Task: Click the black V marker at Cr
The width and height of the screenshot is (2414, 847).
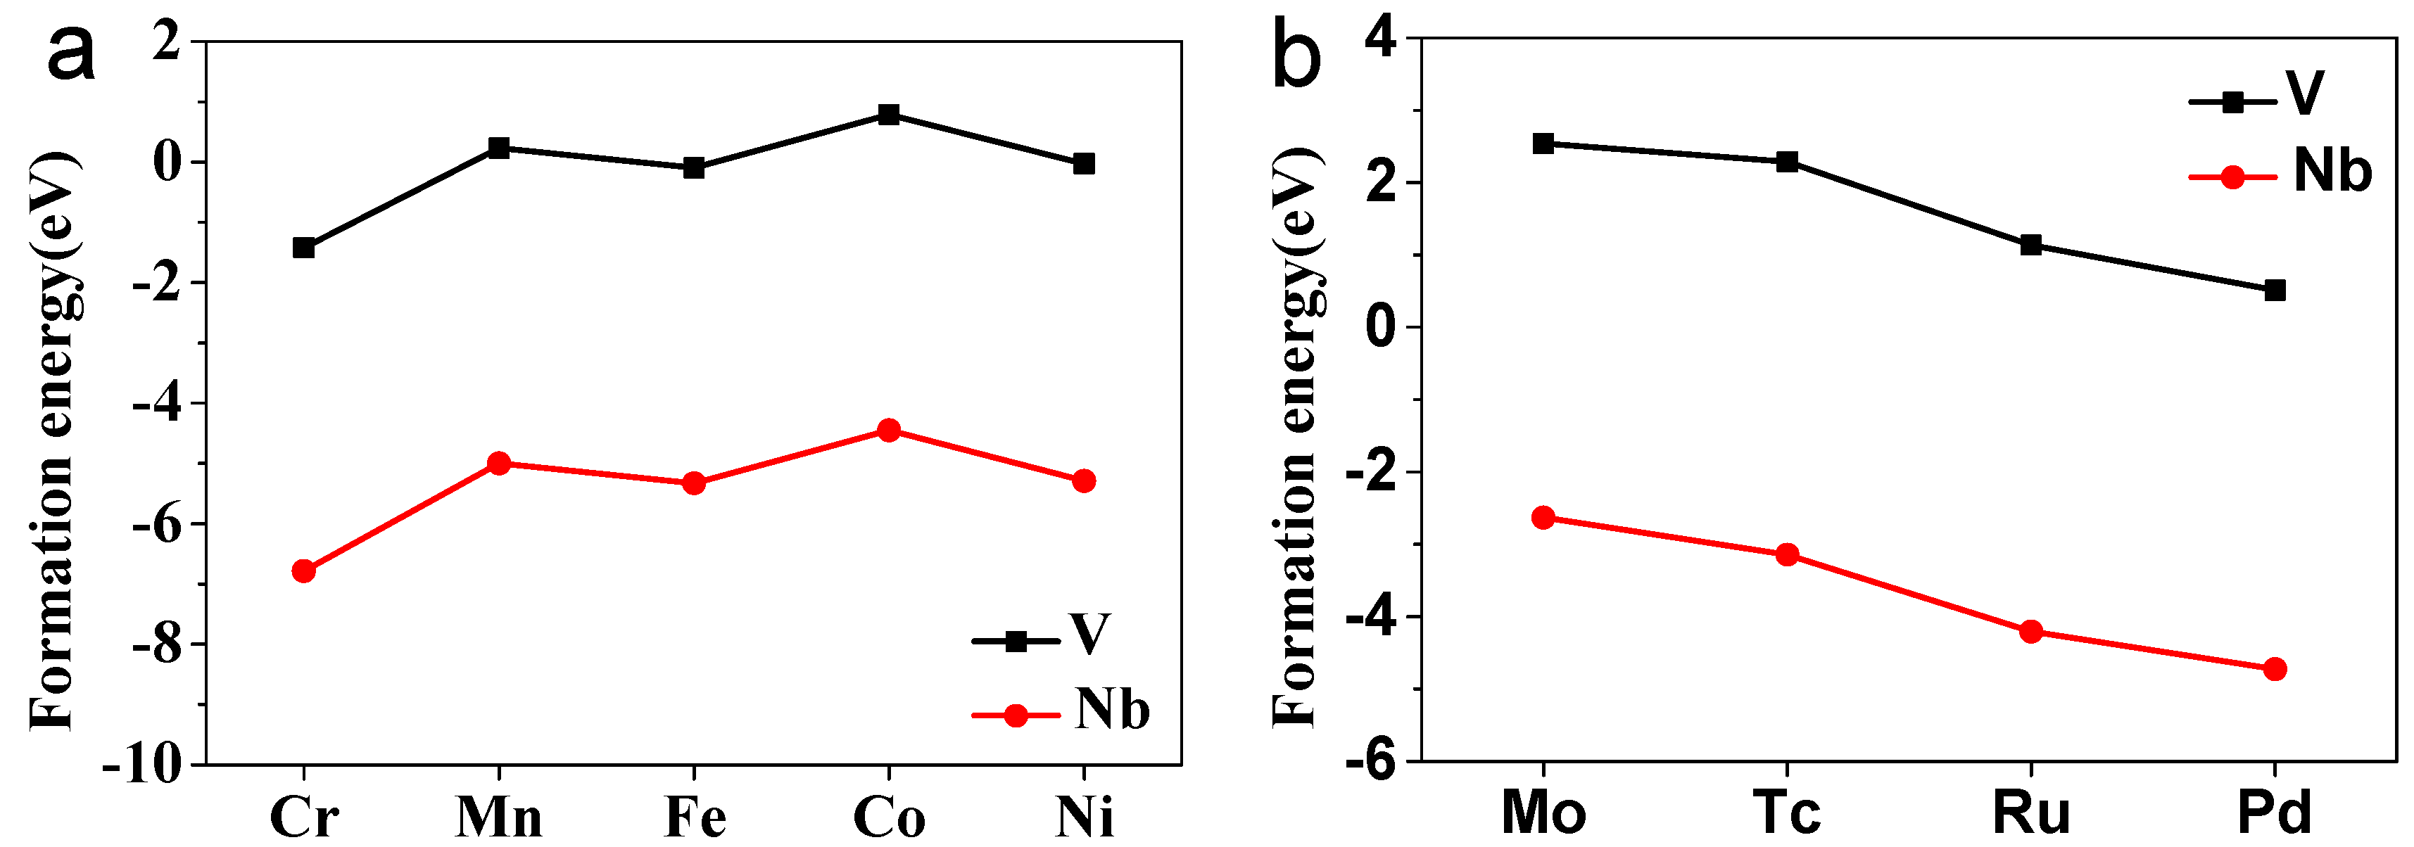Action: [x=303, y=248]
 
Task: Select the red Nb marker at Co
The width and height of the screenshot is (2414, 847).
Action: [x=888, y=431]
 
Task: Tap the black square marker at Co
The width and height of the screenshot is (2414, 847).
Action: [x=888, y=115]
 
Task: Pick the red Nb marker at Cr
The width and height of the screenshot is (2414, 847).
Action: [x=303, y=571]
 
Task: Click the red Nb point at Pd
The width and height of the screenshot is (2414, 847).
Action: [x=2275, y=669]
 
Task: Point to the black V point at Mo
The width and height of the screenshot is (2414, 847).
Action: [x=1543, y=144]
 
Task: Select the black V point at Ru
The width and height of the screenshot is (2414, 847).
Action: [x=2030, y=246]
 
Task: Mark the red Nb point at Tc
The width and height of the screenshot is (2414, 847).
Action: [x=1787, y=554]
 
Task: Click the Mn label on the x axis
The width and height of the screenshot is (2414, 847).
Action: [x=498, y=817]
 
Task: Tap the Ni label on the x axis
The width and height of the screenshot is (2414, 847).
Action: [x=1085, y=817]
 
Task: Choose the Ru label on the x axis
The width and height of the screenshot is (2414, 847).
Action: [x=2030, y=813]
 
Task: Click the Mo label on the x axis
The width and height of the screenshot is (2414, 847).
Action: [x=1543, y=813]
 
